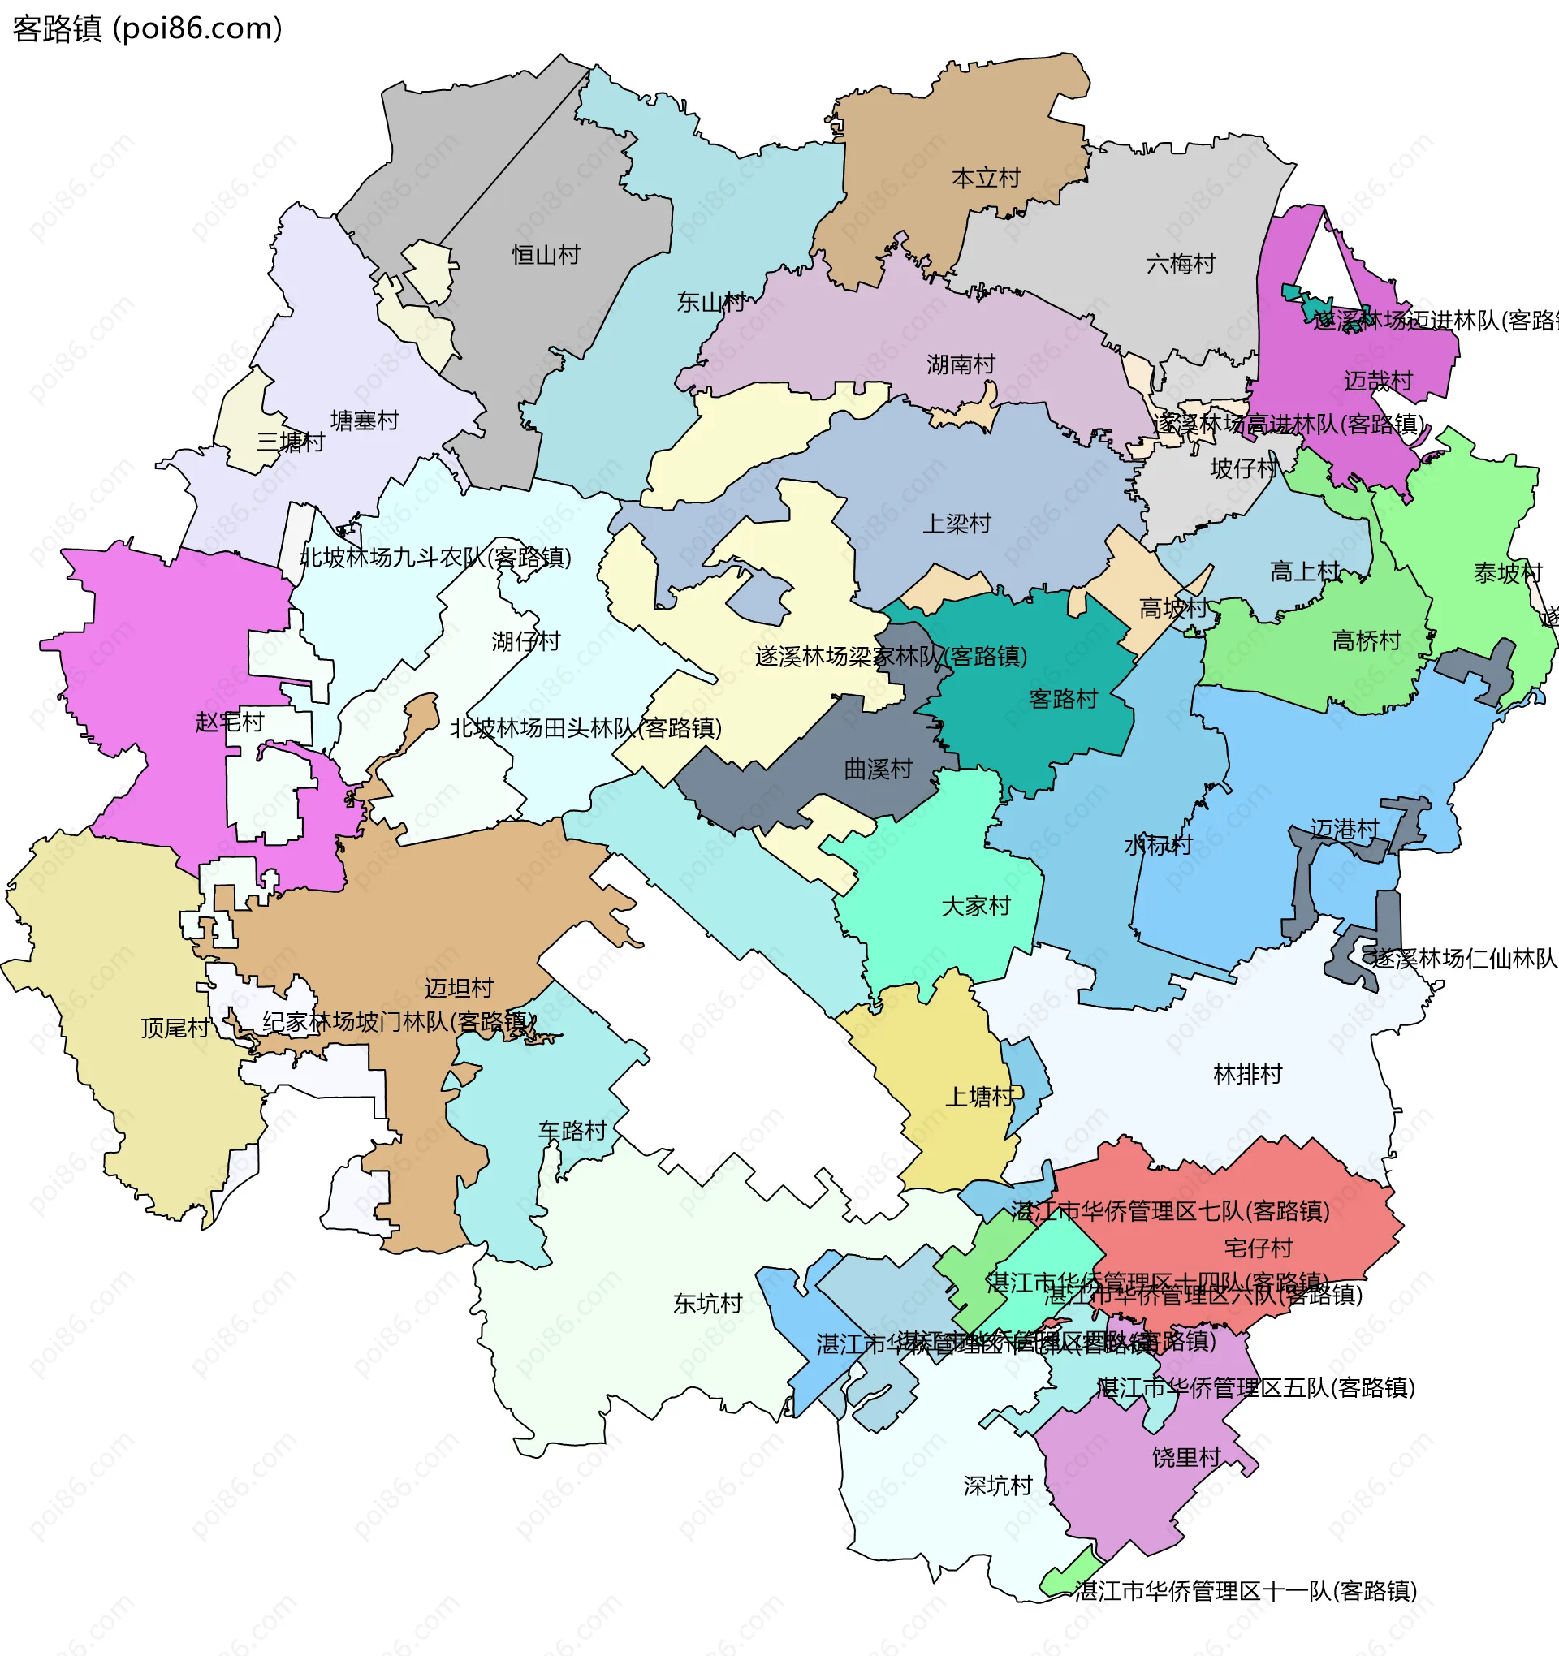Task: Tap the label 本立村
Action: (986, 179)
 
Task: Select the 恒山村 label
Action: (546, 255)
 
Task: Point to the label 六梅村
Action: (1181, 264)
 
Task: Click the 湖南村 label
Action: (961, 364)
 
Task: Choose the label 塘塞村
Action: (365, 420)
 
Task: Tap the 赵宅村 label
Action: (229, 722)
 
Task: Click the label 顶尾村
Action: (175, 1028)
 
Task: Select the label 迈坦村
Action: (458, 988)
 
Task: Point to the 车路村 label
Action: (572, 1132)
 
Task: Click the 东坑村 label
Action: (707, 1304)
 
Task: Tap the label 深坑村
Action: (997, 1486)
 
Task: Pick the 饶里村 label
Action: (1186, 1457)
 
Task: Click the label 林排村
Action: (1247, 1075)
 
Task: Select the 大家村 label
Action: (976, 906)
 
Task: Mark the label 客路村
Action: (1063, 699)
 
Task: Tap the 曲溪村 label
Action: (879, 769)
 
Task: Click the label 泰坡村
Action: (1507, 573)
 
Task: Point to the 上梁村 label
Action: (957, 524)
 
